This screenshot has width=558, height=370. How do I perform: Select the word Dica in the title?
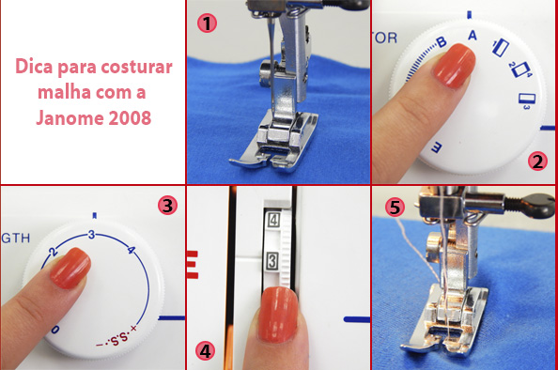click(33, 68)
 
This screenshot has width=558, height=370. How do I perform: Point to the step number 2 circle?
click(536, 161)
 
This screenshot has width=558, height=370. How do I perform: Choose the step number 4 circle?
click(205, 350)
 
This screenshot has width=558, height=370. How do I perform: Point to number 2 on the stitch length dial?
click(55, 253)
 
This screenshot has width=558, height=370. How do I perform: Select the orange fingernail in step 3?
click(69, 270)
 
